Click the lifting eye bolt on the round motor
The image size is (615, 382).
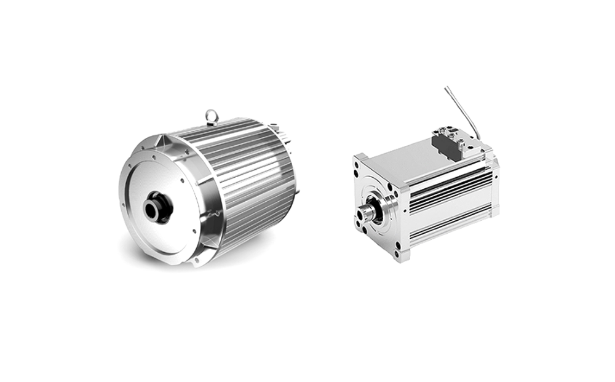click(212, 115)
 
